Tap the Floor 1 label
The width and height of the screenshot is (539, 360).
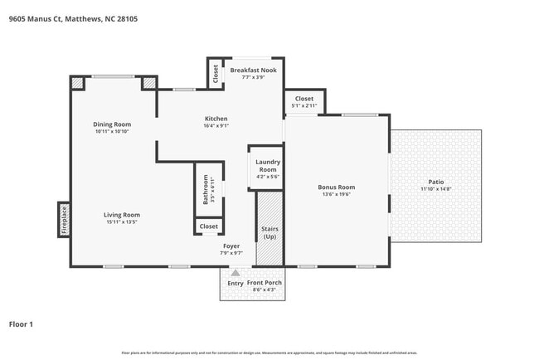click(21, 324)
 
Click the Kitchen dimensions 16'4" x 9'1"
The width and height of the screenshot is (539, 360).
click(216, 126)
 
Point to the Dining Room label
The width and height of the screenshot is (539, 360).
click(112, 124)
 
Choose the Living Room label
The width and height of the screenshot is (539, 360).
click(122, 215)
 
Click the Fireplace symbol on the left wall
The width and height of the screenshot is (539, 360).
click(64, 220)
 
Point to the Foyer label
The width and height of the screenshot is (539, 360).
click(231, 246)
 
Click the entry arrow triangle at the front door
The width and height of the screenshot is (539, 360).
click(236, 271)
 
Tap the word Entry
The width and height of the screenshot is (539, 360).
click(236, 283)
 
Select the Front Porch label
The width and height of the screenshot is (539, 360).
click(265, 283)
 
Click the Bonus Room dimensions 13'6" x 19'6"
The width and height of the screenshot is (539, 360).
click(336, 194)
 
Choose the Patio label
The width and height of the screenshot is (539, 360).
click(435, 182)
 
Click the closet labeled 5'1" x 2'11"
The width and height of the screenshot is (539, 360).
click(304, 102)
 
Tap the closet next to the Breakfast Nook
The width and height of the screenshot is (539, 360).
click(216, 74)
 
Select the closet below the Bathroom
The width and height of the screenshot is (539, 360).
click(208, 226)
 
